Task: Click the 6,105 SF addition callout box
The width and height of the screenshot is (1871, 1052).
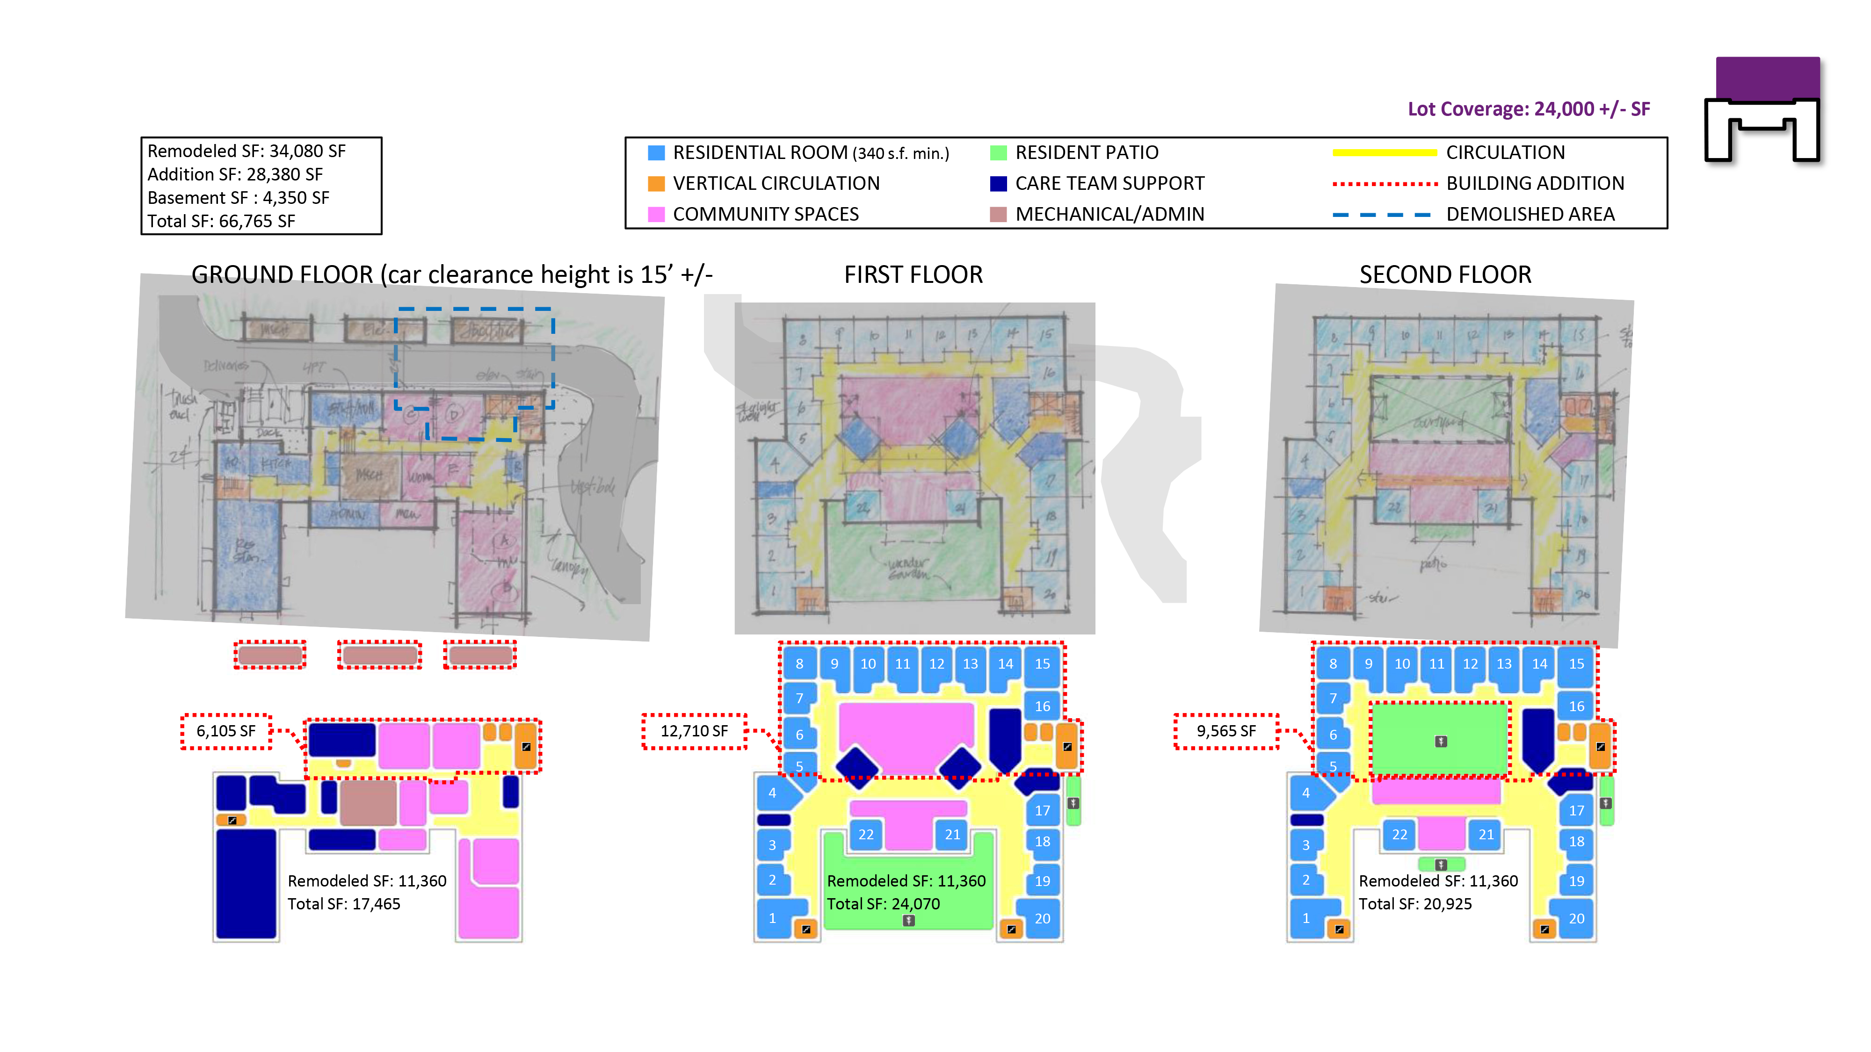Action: click(226, 731)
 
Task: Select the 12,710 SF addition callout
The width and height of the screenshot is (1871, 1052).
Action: click(694, 731)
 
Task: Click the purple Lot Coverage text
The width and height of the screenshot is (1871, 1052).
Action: click(1528, 109)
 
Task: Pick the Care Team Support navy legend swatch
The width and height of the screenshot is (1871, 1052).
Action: click(999, 184)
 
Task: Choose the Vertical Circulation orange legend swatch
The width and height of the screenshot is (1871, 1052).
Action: click(656, 184)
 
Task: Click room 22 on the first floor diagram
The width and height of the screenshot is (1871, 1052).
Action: click(866, 834)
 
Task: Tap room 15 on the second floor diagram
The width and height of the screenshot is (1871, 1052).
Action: click(1576, 663)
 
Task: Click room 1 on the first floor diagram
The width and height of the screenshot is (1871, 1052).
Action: click(772, 918)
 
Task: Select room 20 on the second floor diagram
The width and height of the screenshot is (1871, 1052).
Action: click(1576, 918)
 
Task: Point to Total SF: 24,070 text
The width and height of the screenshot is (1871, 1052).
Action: click(883, 904)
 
